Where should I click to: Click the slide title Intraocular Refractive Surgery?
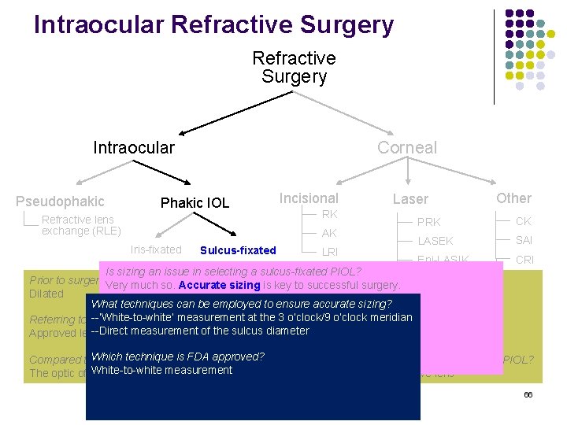(213, 24)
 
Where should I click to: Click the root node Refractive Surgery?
(294, 68)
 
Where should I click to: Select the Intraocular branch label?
(134, 148)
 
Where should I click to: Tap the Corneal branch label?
(406, 148)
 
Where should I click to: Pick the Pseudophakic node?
(60, 201)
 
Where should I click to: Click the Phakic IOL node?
(195, 203)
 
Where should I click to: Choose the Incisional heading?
(309, 198)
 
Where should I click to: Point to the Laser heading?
(410, 200)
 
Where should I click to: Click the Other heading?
(513, 198)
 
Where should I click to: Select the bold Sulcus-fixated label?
(238, 250)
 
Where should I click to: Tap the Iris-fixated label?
(156, 249)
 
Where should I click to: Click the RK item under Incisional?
(329, 214)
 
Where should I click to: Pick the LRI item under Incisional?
(329, 252)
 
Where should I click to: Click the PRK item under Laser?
(429, 222)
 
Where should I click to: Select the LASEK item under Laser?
(435, 241)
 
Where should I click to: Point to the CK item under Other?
(524, 221)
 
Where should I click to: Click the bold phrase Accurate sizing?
(215, 286)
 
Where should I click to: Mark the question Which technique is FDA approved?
(178, 357)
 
